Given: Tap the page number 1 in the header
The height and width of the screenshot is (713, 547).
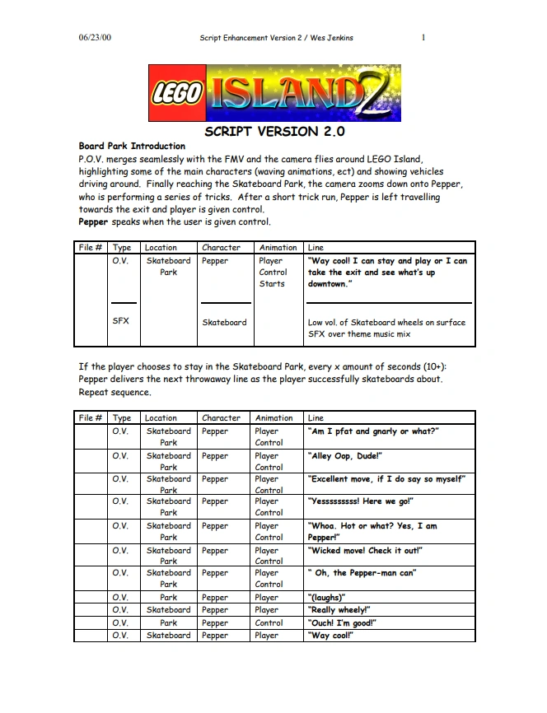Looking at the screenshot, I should [x=423, y=38].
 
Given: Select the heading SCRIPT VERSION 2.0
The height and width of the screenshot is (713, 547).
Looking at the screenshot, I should [x=273, y=132].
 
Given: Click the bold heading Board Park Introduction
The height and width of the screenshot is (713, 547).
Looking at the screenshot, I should [x=132, y=147].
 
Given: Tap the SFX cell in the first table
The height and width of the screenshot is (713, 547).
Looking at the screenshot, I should [x=121, y=322].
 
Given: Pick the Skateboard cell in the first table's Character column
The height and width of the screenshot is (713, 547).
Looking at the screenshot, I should [x=224, y=322].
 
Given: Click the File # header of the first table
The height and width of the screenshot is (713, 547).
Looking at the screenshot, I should [x=91, y=247].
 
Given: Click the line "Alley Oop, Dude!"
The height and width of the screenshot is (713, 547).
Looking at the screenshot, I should [x=345, y=456].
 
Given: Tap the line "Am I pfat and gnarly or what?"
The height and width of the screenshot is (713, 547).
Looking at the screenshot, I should [x=373, y=431].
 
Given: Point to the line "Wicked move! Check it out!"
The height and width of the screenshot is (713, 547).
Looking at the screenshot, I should [x=365, y=550].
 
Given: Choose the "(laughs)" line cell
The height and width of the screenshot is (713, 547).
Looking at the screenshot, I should [x=327, y=598].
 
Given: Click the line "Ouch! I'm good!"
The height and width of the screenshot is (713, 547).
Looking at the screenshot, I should [x=342, y=623].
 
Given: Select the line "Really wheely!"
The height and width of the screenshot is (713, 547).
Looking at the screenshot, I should [x=339, y=610].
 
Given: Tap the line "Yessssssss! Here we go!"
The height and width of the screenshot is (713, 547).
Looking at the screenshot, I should [x=361, y=501].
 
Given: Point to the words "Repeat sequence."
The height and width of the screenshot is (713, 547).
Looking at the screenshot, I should [x=115, y=392].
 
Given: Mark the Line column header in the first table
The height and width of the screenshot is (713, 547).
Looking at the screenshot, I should [x=316, y=247].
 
